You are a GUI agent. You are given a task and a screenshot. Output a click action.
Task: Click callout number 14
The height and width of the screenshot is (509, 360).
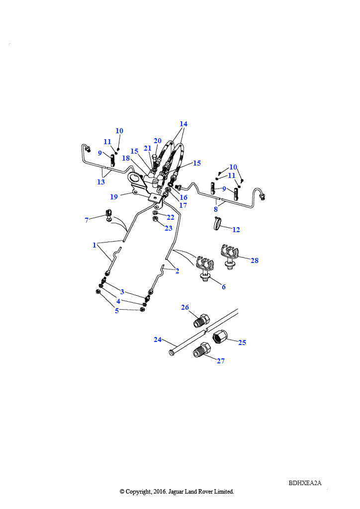(183, 124)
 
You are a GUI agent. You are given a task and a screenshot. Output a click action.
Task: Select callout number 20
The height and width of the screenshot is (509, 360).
(158, 141)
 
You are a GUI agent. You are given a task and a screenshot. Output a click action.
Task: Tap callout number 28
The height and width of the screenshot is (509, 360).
(255, 260)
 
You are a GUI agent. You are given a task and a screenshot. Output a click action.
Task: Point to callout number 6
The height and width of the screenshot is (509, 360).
(224, 287)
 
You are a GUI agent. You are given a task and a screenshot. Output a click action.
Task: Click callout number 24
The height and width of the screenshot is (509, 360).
(158, 339)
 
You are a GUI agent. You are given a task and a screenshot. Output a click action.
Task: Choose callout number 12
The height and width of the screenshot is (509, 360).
(236, 230)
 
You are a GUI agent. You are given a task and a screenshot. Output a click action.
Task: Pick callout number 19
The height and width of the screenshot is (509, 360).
(113, 197)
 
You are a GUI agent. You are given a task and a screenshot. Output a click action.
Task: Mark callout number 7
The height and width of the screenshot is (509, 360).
(87, 220)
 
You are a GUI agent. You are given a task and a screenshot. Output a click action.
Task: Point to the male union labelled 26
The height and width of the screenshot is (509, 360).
(201, 320)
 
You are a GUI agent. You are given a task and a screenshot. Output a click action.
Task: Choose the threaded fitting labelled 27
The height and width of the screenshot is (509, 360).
(201, 350)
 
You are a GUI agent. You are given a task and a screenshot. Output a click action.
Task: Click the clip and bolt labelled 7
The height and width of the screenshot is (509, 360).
(109, 216)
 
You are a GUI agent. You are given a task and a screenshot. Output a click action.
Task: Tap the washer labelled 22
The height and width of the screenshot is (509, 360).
(155, 213)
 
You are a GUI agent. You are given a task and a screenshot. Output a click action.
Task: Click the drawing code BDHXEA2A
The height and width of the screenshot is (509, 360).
(305, 483)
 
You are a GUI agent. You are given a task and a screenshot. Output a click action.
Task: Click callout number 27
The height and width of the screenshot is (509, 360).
(221, 361)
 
